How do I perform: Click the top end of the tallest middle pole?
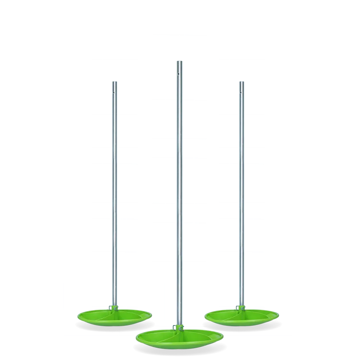tap(179, 62)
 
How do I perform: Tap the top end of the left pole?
tap(114, 82)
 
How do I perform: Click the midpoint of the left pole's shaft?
tap(114, 195)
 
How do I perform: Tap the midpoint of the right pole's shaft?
tap(241, 195)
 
